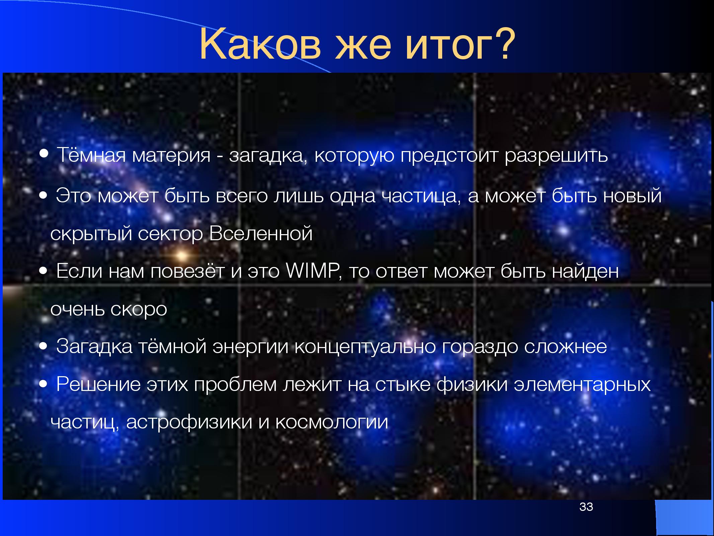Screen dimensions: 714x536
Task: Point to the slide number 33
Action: click(x=586, y=507)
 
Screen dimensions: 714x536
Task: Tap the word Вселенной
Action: click(x=261, y=233)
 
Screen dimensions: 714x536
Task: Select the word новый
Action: click(x=632, y=196)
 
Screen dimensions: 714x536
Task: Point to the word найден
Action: click(x=585, y=271)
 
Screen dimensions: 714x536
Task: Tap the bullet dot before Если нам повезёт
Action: click(x=43, y=271)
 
